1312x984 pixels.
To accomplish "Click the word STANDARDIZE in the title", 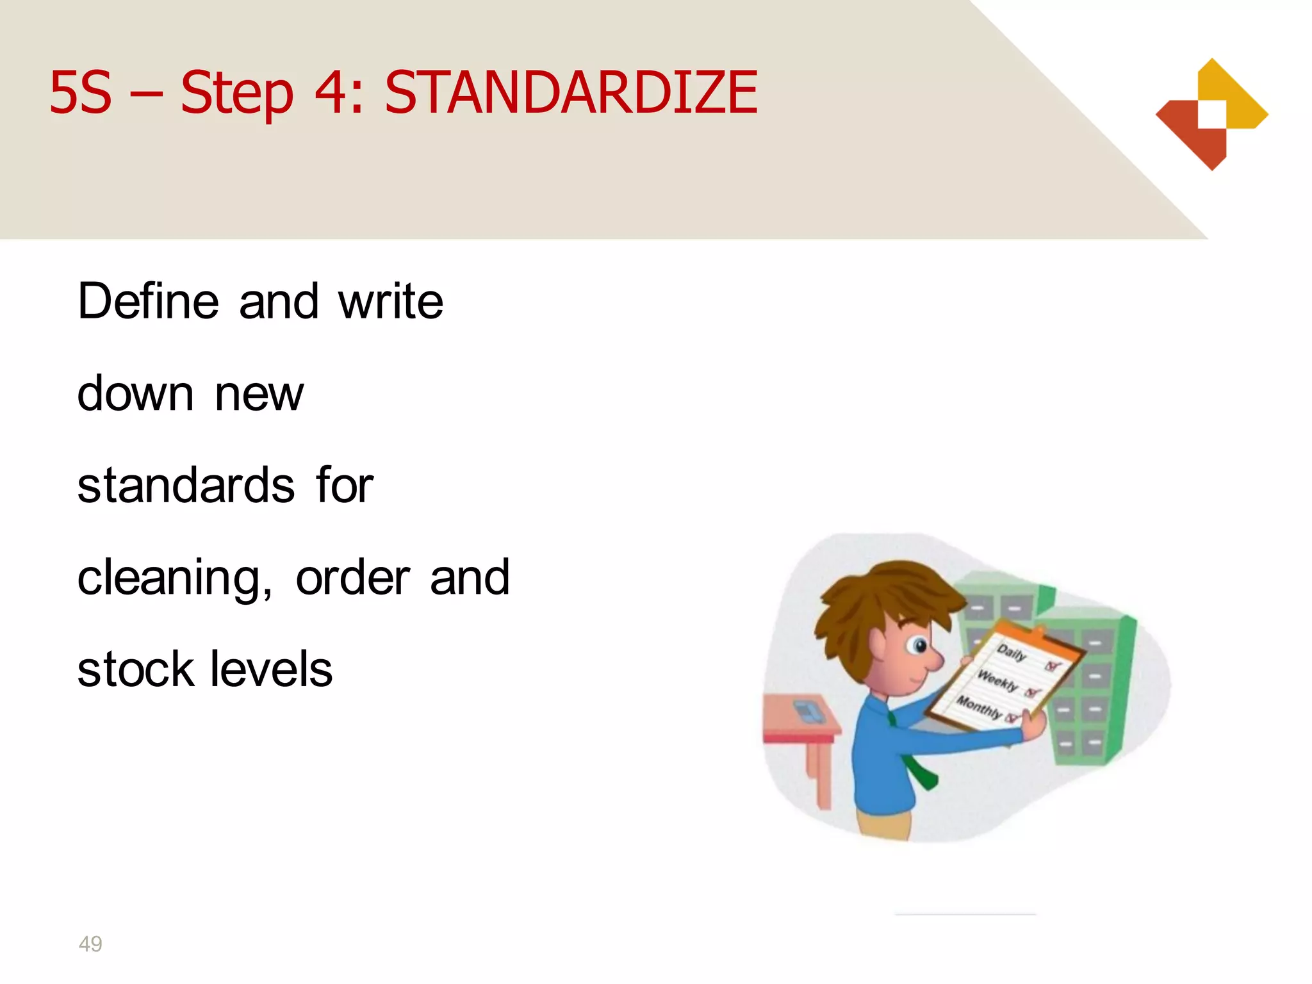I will click(571, 93).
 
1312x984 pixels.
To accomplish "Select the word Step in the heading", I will click(236, 95).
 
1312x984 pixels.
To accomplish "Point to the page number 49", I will click(90, 944).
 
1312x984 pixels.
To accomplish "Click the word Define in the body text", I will click(148, 300).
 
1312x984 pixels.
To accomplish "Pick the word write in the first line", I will click(391, 300).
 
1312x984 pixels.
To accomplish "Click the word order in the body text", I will click(352, 577).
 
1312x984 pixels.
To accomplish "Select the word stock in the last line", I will click(135, 669).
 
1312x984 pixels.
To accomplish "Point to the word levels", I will click(272, 669).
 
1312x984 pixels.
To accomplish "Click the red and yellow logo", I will click(1211, 115).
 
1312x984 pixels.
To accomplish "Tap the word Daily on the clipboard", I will click(1012, 652).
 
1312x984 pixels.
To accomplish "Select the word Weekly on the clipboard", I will click(997, 680).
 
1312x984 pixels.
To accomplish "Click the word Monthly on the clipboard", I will click(978, 707).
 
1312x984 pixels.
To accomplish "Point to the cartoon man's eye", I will click(919, 646).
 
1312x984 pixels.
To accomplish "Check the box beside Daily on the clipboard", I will click(1052, 666).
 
